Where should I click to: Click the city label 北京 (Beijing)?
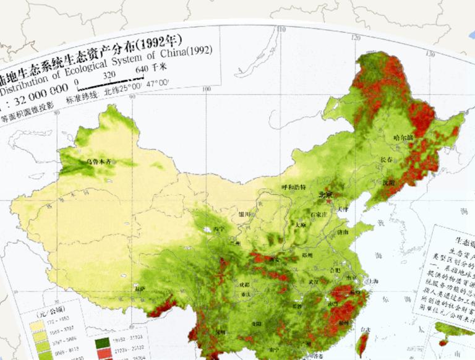(325, 195)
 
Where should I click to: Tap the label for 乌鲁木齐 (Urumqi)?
(100, 161)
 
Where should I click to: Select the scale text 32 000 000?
(36, 89)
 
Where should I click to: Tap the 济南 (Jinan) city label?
(342, 231)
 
